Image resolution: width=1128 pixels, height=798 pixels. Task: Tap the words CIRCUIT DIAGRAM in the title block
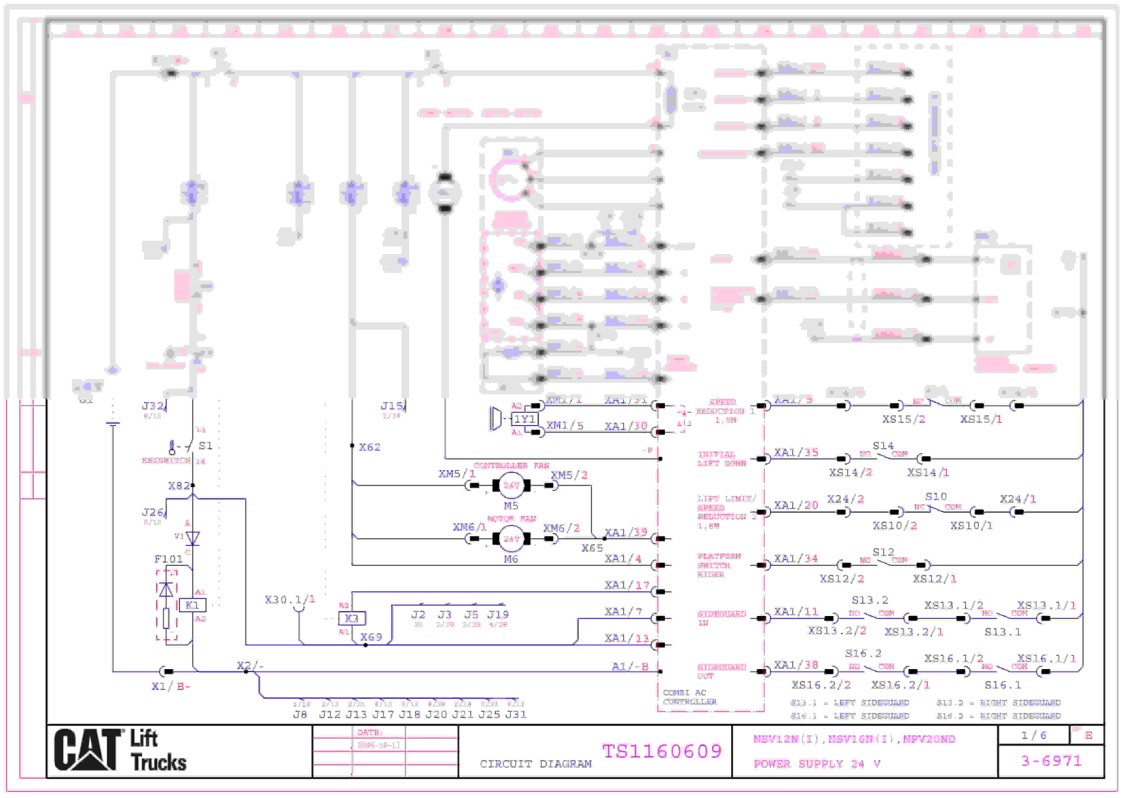pyautogui.click(x=536, y=764)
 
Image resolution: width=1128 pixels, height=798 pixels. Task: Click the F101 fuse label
pyautogui.click(x=169, y=559)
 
